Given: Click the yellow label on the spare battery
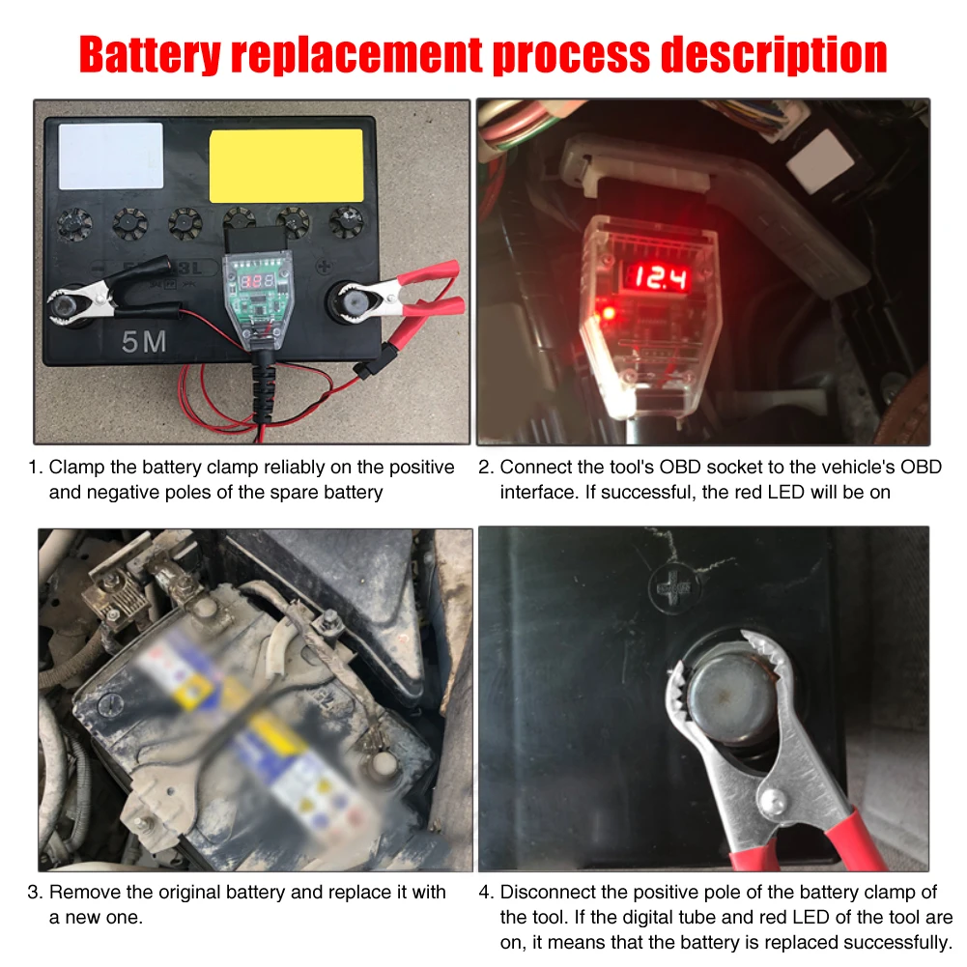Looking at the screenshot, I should pyautogui.click(x=287, y=165).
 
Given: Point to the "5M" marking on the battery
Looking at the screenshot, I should pyautogui.click(x=144, y=342).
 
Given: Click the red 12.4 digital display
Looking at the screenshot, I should pyautogui.click(x=661, y=279).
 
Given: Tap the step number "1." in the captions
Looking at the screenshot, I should pyautogui.click(x=35, y=468).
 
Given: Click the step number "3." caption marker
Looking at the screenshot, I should pyautogui.click(x=35, y=892).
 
